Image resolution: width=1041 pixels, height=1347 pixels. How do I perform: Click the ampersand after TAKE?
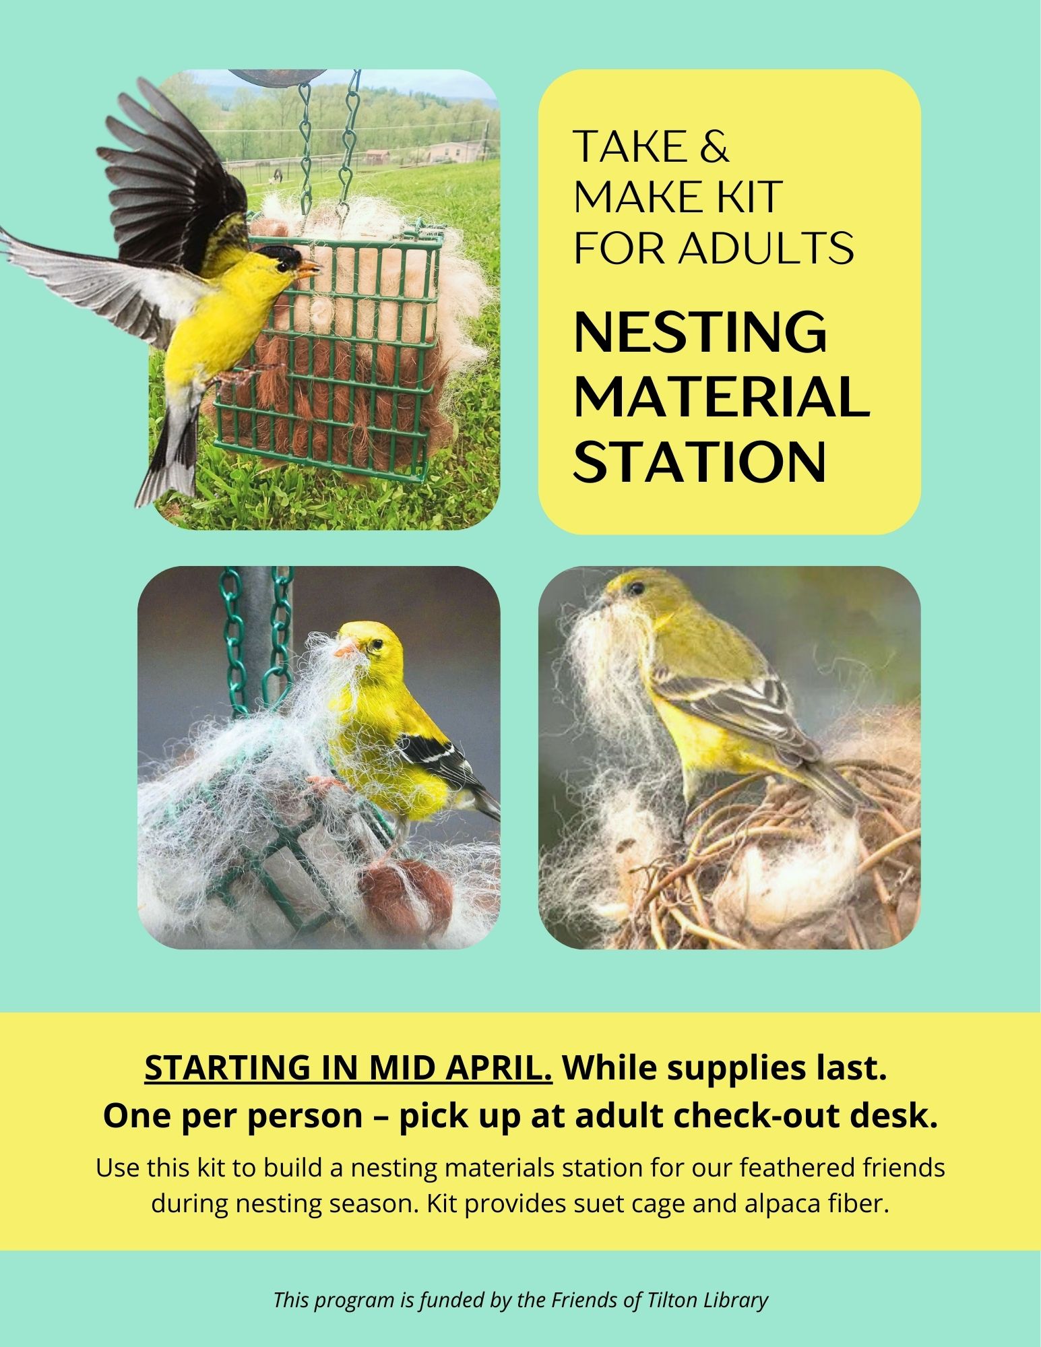coord(715,146)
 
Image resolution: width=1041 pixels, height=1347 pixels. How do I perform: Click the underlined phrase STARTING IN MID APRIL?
coord(348,1067)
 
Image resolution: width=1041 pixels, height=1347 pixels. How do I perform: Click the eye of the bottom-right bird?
coord(633,590)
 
